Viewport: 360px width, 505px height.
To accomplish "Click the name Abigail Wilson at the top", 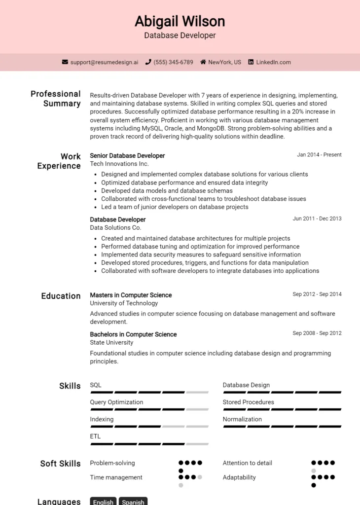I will pyautogui.click(x=180, y=21).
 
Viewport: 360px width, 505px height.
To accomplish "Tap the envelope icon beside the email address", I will pyautogui.click(x=65, y=62).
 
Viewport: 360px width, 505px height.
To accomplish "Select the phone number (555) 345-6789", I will pyautogui.click(x=173, y=62).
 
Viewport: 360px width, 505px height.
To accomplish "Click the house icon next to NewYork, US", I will pyautogui.click(x=203, y=62).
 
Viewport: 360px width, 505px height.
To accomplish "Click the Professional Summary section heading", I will pyautogui.click(x=55, y=99).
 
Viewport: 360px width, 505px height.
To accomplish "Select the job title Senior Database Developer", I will pyautogui.click(x=127, y=155).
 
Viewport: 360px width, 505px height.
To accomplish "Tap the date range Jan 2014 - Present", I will pyautogui.click(x=319, y=155).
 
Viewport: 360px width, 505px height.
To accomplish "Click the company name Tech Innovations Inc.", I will pyautogui.click(x=119, y=164).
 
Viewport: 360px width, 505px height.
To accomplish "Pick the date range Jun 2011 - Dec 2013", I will pyautogui.click(x=317, y=218).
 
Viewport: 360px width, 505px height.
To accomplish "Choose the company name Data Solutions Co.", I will pyautogui.click(x=115, y=228).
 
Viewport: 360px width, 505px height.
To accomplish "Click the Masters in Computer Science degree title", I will pyautogui.click(x=131, y=295).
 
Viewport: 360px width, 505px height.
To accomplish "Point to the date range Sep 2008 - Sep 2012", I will pyautogui.click(x=317, y=333).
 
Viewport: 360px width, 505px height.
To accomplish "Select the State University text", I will pyautogui.click(x=111, y=342).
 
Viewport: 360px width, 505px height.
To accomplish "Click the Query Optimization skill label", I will pyautogui.click(x=116, y=402).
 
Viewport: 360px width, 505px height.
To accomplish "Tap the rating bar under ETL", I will pyautogui.click(x=149, y=443).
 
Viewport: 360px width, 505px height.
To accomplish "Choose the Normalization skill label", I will pyautogui.click(x=242, y=419).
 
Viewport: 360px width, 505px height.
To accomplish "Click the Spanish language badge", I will pyautogui.click(x=133, y=502).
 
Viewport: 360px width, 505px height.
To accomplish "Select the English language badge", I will pyautogui.click(x=103, y=502).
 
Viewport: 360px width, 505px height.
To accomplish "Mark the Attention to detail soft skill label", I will pyautogui.click(x=247, y=463).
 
